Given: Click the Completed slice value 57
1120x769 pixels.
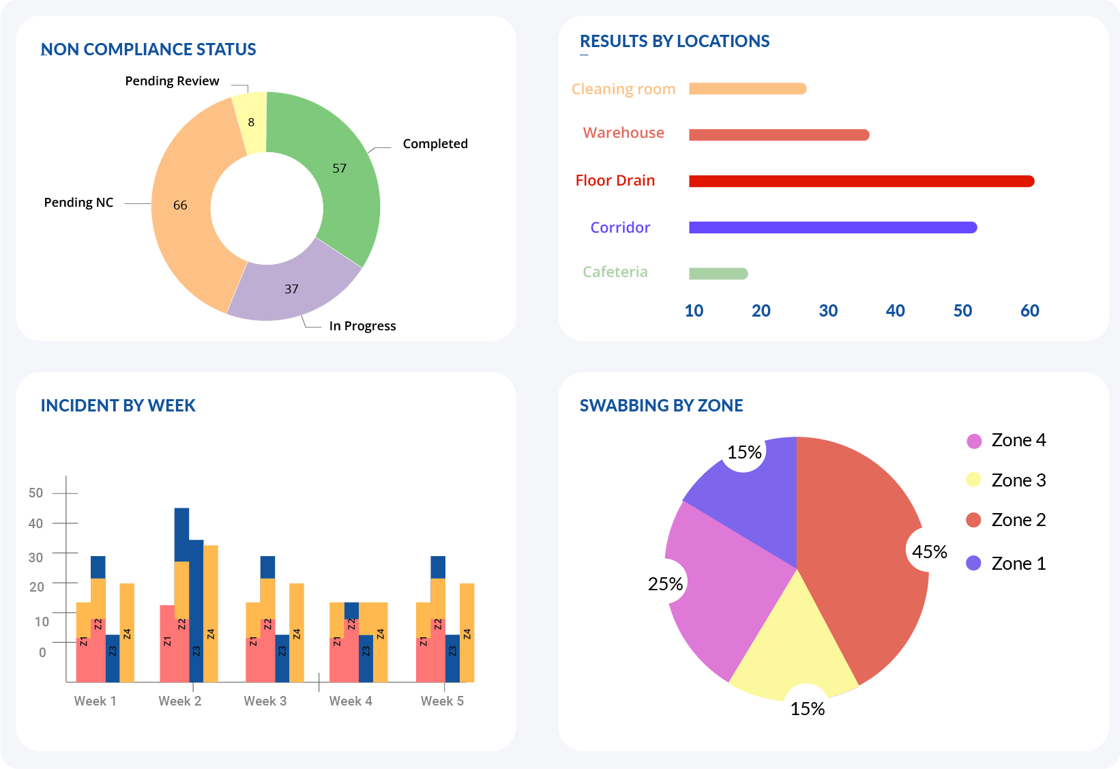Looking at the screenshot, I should pyautogui.click(x=339, y=169).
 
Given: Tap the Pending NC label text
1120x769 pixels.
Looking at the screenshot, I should pyautogui.click(x=78, y=203).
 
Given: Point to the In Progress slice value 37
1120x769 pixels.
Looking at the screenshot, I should pyautogui.click(x=291, y=289).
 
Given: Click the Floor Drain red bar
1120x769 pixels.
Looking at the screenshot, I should pyautogui.click(x=861, y=181).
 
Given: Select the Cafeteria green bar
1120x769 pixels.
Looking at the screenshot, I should pyautogui.click(x=718, y=274).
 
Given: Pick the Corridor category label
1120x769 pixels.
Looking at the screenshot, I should pyautogui.click(x=620, y=228).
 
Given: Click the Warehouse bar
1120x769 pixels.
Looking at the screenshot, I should pyautogui.click(x=778, y=135).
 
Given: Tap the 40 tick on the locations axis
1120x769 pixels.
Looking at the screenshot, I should pyautogui.click(x=895, y=311).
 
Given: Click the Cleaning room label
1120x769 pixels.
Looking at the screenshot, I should pyautogui.click(x=623, y=89).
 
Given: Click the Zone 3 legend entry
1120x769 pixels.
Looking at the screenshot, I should pyautogui.click(x=1018, y=480).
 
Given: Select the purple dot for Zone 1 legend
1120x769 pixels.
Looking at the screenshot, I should pyautogui.click(x=973, y=563).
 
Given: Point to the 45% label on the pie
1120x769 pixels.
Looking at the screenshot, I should pyautogui.click(x=929, y=552).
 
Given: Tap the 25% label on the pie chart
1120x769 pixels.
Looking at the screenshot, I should pyautogui.click(x=665, y=584).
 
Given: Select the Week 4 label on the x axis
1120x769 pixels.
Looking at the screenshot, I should pyautogui.click(x=350, y=701).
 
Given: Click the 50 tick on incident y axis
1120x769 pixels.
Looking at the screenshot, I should pyautogui.click(x=36, y=493).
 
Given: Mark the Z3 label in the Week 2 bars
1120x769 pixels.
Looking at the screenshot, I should pyautogui.click(x=196, y=651).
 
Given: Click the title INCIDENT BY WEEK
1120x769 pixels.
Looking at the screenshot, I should pyautogui.click(x=118, y=406).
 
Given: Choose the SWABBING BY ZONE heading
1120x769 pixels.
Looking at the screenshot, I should pyautogui.click(x=661, y=406).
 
